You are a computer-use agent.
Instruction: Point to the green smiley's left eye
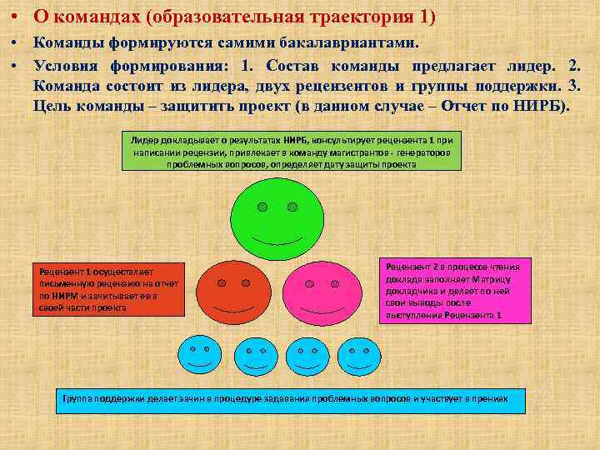click(262, 206)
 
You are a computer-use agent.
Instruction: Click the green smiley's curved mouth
click(276, 239)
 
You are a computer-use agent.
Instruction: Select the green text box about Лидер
click(291, 151)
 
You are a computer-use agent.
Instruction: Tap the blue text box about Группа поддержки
click(292, 401)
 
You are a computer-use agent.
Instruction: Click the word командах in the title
click(84, 17)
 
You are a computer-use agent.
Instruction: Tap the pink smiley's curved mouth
click(320, 316)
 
